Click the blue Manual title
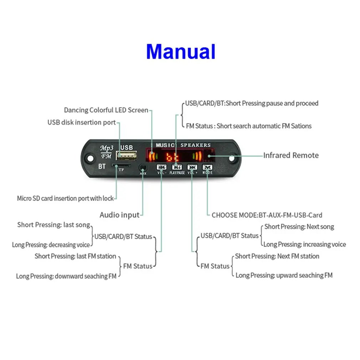click(x=181, y=52)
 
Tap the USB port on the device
click(x=127, y=156)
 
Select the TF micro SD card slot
click(x=121, y=166)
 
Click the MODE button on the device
click(x=207, y=167)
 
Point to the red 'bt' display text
click(x=173, y=156)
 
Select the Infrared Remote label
click(x=291, y=155)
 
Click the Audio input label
click(x=119, y=215)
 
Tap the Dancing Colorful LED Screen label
click(x=106, y=110)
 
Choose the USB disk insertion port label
click(x=82, y=123)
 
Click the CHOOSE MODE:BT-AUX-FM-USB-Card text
click(x=267, y=215)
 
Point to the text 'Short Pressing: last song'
click(x=53, y=225)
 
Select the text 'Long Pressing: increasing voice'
click(x=304, y=245)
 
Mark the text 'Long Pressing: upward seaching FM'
click(x=284, y=275)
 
